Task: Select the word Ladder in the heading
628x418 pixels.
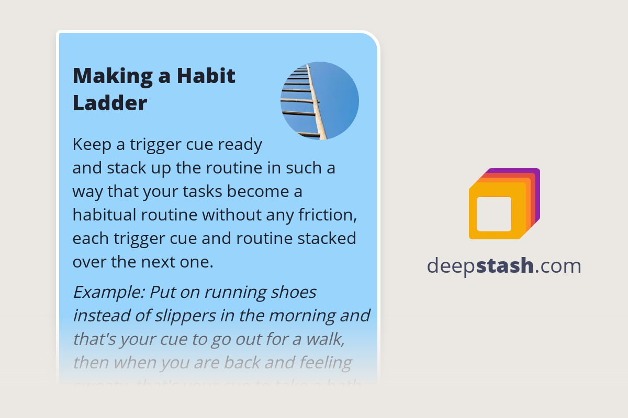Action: pos(110,103)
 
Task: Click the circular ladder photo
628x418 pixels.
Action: pos(320,100)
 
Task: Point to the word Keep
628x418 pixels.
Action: pos(92,144)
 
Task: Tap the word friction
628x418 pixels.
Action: pos(328,215)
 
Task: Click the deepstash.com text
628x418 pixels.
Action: pos(503,266)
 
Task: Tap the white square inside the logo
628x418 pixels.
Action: pos(494,214)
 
